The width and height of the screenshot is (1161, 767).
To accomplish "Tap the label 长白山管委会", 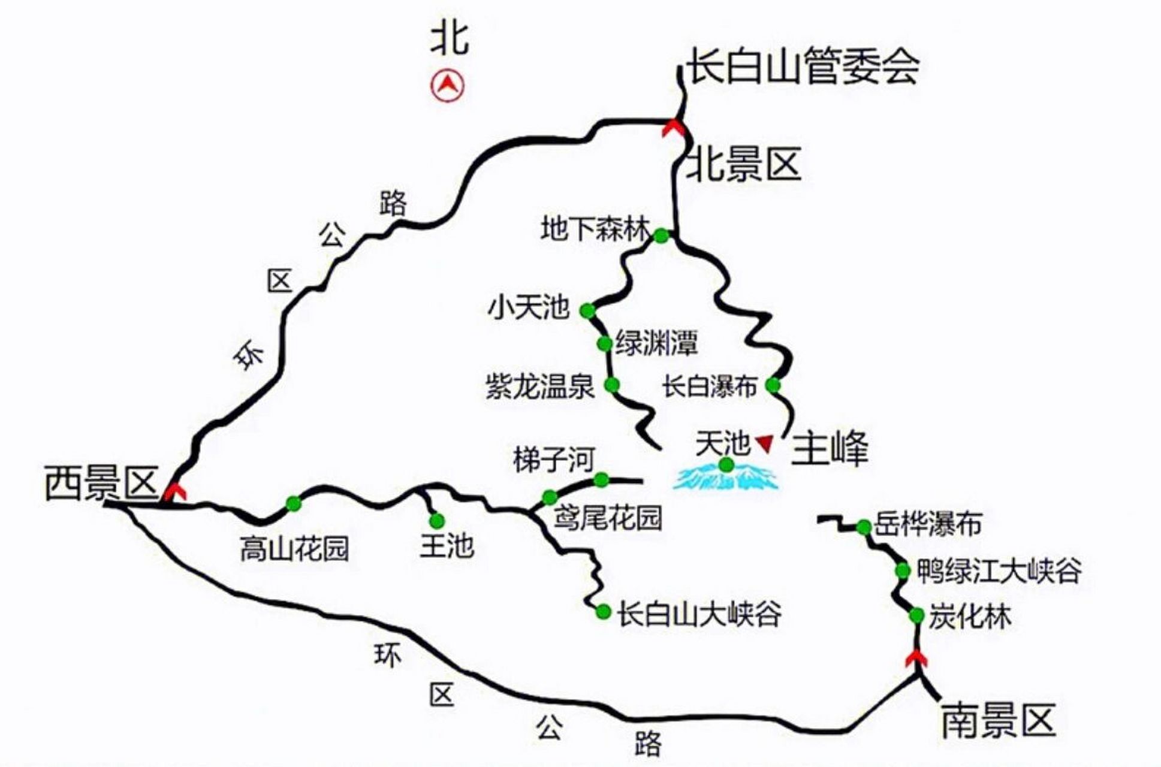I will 803,66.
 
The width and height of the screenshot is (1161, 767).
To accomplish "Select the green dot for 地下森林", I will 661,236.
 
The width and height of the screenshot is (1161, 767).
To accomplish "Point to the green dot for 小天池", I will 587,310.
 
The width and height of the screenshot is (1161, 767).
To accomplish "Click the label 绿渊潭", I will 656,343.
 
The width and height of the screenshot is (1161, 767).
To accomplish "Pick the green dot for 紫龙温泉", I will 611,385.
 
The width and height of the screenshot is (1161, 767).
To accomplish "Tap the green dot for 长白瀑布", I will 773,385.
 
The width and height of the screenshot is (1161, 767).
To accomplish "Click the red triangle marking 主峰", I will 764,443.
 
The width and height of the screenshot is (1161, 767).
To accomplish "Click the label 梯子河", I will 553,460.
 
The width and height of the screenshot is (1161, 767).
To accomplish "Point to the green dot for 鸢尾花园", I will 549,497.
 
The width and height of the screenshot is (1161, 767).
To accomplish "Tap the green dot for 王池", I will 437,520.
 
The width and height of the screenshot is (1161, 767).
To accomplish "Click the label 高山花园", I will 294,548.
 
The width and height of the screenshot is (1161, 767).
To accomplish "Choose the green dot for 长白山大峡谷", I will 603,612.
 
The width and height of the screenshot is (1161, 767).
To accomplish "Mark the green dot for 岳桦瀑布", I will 863,527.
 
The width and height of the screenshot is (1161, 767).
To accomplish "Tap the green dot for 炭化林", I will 916,615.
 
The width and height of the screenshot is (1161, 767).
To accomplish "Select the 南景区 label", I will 998,720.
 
